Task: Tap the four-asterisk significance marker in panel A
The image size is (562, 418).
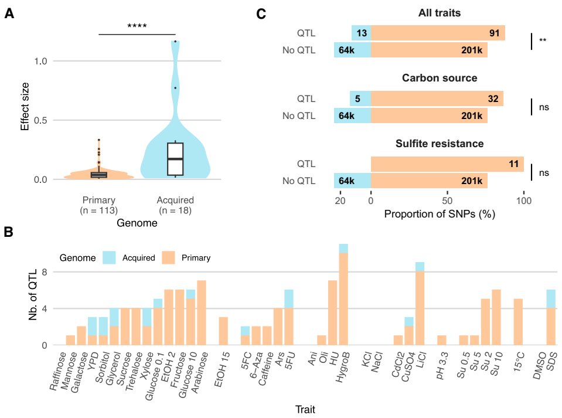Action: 137,26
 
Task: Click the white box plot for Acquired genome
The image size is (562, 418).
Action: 175,159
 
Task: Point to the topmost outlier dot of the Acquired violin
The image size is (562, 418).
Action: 175,42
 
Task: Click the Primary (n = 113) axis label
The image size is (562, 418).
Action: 98,205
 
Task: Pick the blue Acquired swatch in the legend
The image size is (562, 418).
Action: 110,257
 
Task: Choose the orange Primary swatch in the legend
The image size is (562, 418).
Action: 169,257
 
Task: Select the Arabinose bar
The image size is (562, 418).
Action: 202,312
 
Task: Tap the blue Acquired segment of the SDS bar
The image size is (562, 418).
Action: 550,299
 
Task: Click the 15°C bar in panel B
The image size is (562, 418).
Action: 518,322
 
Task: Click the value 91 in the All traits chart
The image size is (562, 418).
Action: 494,33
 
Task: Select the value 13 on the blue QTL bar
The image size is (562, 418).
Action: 362,33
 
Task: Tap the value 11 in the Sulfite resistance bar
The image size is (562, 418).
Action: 513,165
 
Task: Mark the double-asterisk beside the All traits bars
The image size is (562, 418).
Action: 543,40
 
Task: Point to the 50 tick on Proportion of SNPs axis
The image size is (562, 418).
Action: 447,200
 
